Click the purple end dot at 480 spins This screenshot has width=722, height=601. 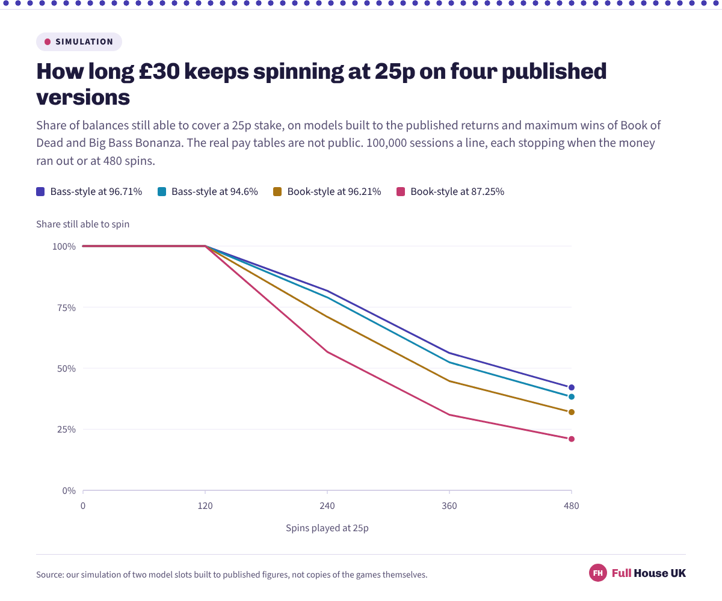[571, 387]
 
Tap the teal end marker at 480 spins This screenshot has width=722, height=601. [571, 396]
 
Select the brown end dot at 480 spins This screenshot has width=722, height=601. [571, 412]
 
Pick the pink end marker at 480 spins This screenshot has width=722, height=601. [571, 439]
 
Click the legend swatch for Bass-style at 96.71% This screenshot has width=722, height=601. [40, 191]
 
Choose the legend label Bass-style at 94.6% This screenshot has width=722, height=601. [214, 191]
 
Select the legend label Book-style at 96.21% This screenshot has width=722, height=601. [334, 191]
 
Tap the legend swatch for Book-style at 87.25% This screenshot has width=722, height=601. [401, 191]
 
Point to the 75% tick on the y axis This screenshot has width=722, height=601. [66, 307]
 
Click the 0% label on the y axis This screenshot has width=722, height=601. [69, 491]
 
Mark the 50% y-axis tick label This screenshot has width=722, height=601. [66, 369]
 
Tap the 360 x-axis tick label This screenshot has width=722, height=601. [449, 506]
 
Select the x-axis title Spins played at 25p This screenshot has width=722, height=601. [327, 528]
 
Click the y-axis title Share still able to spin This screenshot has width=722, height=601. [82, 224]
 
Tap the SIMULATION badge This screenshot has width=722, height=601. [79, 42]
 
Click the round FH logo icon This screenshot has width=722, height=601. [598, 573]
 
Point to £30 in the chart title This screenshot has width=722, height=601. [159, 71]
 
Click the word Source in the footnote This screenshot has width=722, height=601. [50, 575]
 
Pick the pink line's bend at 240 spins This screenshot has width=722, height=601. [327, 352]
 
